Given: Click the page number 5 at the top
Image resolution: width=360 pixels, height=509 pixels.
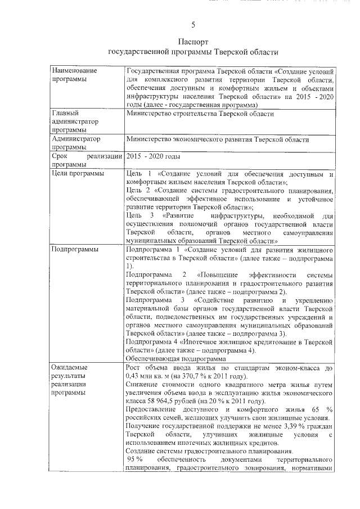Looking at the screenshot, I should [193, 25].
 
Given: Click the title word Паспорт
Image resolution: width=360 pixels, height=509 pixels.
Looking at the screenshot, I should [193, 42].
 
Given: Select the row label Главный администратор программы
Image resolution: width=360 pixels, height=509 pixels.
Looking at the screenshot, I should [74, 121].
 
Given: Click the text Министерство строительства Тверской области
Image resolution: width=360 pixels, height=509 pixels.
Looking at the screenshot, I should [200, 114].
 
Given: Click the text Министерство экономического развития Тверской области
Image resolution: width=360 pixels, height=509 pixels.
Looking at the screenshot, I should [218, 139].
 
